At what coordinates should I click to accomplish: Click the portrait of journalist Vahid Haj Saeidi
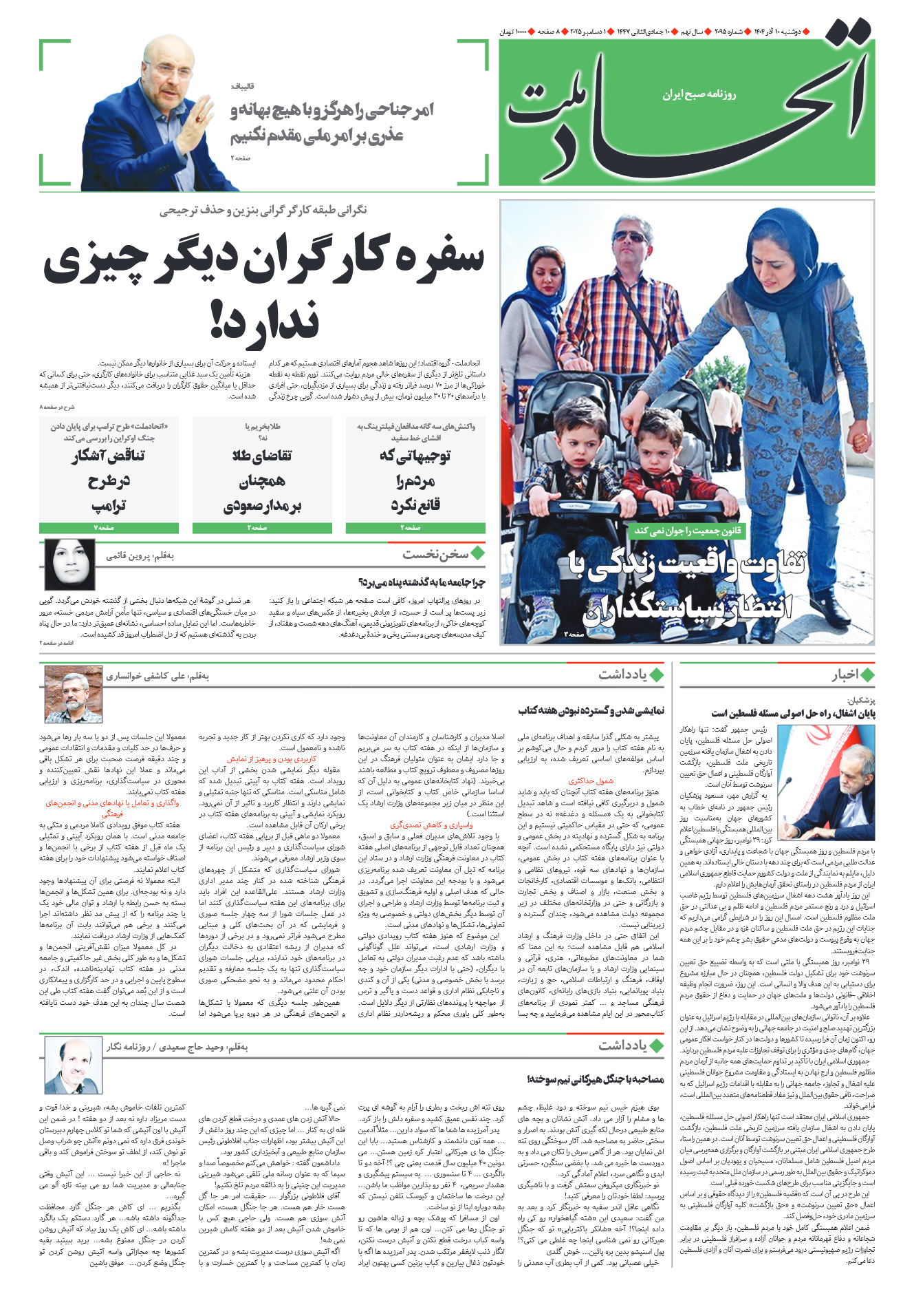[x=73, y=1065]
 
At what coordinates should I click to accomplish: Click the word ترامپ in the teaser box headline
[x=109, y=506]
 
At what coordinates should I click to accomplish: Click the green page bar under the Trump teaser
[x=109, y=528]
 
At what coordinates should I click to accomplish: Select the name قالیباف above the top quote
[x=242, y=85]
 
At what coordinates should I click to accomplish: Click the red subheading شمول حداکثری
[x=591, y=781]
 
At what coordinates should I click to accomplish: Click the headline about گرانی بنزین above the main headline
[x=263, y=211]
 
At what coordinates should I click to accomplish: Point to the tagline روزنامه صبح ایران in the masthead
[x=699, y=94]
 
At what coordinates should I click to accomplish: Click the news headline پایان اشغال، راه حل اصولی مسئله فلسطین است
[x=793, y=713]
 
